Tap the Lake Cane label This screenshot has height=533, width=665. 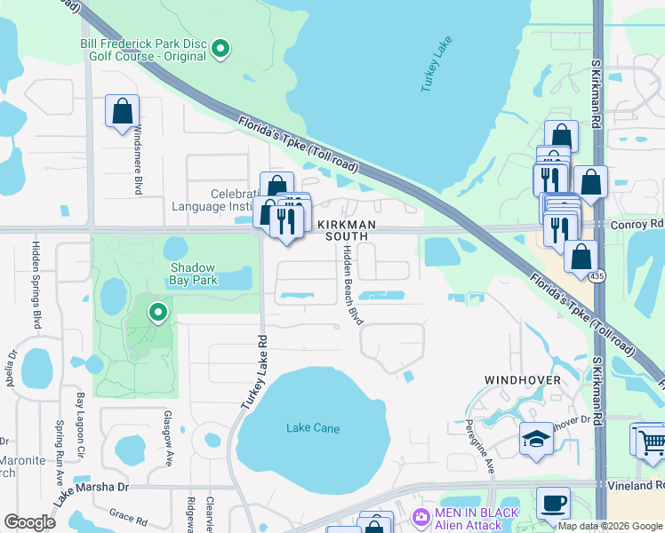click(313, 428)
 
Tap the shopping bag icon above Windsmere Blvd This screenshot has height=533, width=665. click(122, 112)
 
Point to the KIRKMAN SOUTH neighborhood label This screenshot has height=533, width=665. click(346, 230)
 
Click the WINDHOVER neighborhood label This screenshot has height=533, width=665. click(522, 380)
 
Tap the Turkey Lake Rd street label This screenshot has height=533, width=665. click(251, 371)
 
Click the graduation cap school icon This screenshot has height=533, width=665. click(536, 439)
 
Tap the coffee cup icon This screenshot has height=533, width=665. click(552, 503)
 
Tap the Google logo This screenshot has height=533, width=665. click(30, 522)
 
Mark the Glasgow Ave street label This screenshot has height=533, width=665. click(166, 437)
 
